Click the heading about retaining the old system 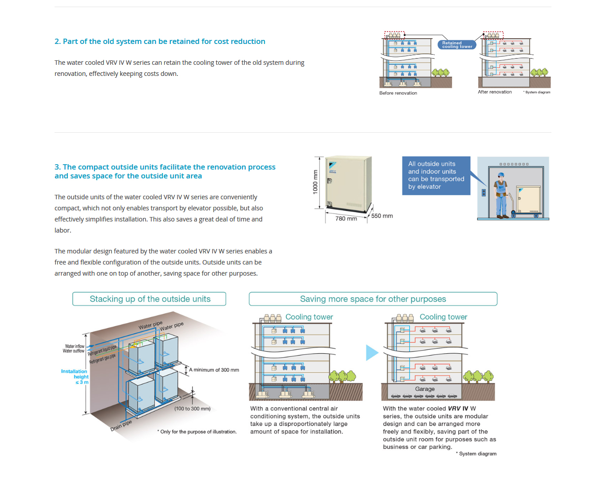coord(160,41)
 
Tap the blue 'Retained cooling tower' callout coord(457,45)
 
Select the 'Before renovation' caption coord(398,93)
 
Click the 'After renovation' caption coord(495,92)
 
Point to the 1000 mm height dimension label coord(315,182)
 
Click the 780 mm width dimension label coord(346,219)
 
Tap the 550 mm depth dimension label coord(382,216)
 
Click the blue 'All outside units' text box coord(436,175)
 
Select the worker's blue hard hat coord(501,175)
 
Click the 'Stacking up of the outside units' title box coord(150,299)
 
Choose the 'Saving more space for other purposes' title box coord(373,299)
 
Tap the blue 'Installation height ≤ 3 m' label coord(75,377)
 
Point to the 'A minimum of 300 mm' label coord(214,370)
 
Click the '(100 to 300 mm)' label coord(192,409)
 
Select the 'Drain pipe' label coord(121,426)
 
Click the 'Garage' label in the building coord(425,389)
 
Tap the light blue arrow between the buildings coord(371,353)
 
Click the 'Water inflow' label coord(75,346)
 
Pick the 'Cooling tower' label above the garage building coord(443,317)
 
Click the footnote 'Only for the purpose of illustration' coord(198,432)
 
